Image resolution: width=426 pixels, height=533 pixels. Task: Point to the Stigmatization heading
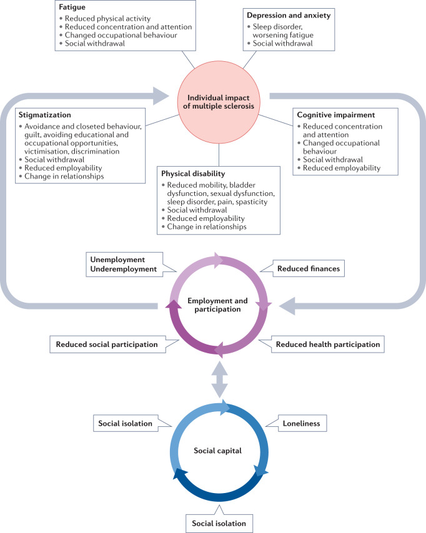(x=44, y=115)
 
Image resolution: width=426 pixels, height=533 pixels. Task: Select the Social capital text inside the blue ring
(x=218, y=449)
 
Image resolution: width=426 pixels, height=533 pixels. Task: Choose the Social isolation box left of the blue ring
(x=126, y=424)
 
